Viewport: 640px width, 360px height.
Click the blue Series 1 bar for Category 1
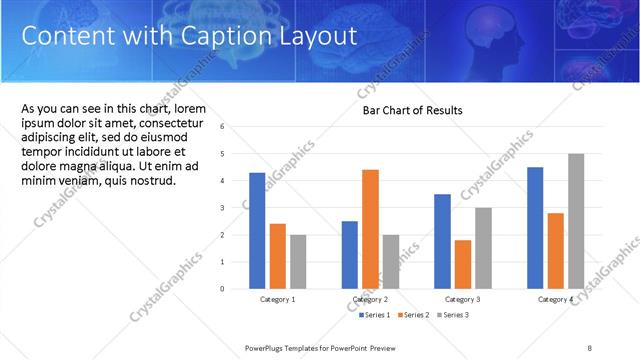[257, 230]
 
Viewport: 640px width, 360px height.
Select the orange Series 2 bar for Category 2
[370, 229]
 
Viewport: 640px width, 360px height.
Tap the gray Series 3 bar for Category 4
[576, 221]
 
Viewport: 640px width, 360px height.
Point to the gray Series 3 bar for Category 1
[298, 261]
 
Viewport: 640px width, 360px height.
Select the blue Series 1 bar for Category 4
[535, 227]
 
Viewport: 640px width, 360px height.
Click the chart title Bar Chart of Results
[412, 110]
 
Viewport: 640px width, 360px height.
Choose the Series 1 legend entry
[376, 315]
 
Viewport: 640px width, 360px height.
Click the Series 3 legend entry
[452, 315]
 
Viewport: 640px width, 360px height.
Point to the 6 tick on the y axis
[235, 127]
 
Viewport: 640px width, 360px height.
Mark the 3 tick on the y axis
[235, 208]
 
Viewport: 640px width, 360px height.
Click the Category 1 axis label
[277, 299]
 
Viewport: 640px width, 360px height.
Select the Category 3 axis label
[463, 299]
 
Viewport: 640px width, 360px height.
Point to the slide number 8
[590, 347]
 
